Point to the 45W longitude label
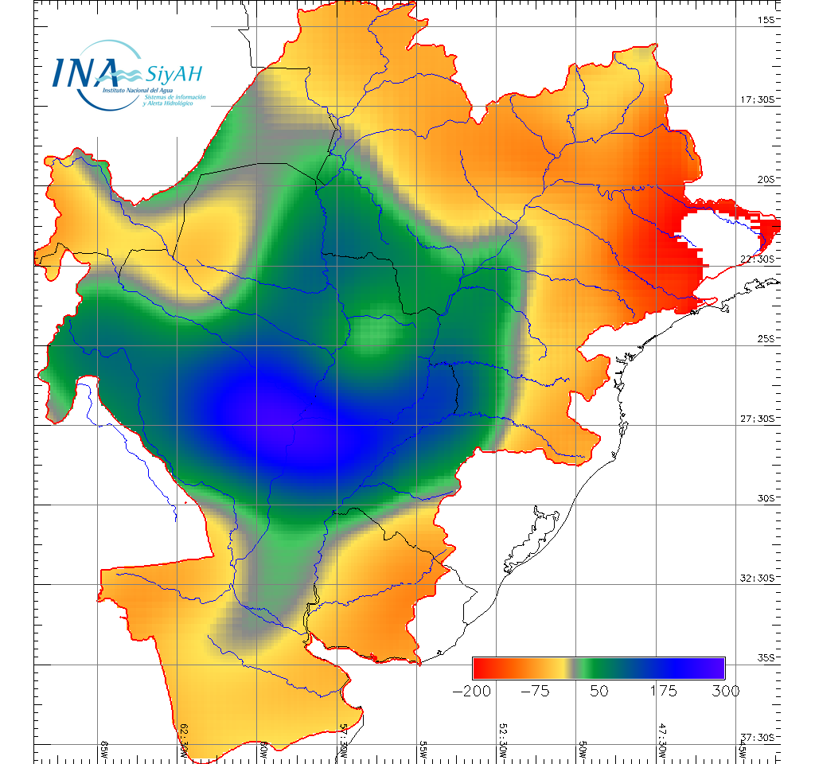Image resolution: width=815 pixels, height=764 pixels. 742,749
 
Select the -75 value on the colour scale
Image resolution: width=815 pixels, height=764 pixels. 536,691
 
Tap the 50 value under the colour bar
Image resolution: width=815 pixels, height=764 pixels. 599,691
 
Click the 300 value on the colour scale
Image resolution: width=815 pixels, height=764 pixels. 724,691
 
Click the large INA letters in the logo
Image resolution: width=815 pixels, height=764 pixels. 84,71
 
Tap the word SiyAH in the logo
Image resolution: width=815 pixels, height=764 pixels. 174,74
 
